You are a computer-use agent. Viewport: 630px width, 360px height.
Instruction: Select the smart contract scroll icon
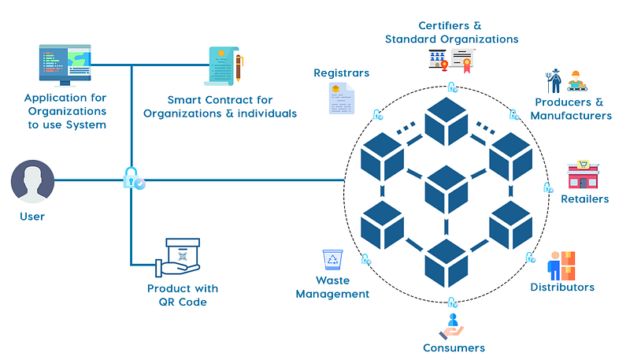(225, 66)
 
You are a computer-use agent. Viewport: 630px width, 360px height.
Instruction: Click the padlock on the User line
(132, 177)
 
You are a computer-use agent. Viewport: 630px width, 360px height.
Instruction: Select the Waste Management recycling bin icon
(332, 261)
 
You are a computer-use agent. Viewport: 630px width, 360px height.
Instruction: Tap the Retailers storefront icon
(584, 176)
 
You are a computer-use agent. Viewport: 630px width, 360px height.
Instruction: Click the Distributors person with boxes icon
(561, 265)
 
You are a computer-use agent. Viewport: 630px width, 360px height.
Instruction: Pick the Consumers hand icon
(452, 325)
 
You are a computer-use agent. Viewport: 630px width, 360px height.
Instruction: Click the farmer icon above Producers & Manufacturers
(554, 82)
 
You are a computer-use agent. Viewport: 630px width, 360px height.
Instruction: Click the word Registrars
(342, 73)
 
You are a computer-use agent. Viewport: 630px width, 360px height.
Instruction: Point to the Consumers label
(454, 347)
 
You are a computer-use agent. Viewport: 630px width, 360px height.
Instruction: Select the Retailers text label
(584, 199)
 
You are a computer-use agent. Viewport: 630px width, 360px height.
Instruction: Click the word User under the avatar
(32, 216)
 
